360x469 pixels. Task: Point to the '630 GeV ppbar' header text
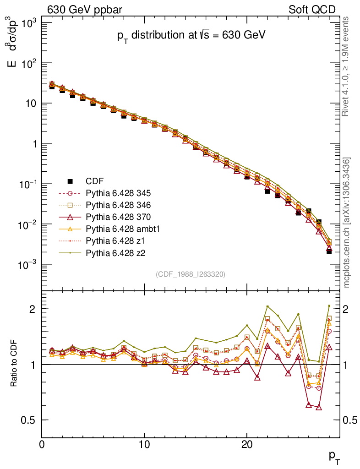point(77,10)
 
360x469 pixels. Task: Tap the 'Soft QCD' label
point(312,10)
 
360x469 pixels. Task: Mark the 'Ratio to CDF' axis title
point(14,364)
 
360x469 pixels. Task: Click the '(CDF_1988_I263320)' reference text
point(191,274)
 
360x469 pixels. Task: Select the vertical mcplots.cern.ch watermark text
point(347,223)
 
